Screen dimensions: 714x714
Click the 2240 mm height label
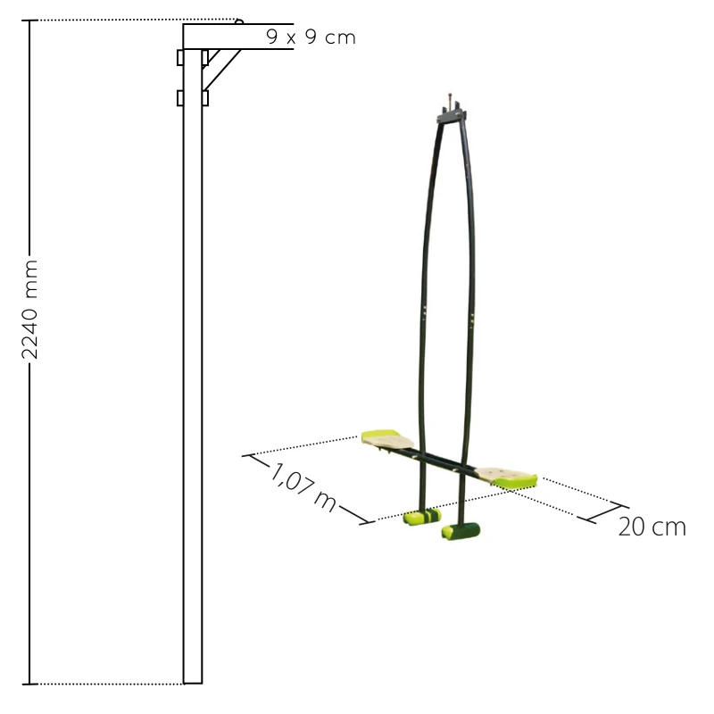point(30,310)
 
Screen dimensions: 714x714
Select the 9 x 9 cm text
point(311,37)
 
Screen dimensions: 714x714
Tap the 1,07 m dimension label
point(303,488)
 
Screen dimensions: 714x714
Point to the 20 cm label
point(652,527)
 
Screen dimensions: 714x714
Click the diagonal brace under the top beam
point(222,70)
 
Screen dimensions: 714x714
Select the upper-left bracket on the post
point(180,58)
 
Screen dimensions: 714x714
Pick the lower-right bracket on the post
point(205,98)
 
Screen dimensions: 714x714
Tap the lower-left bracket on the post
point(180,98)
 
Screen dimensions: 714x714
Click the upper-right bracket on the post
point(205,58)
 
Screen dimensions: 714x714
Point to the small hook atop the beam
point(239,21)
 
